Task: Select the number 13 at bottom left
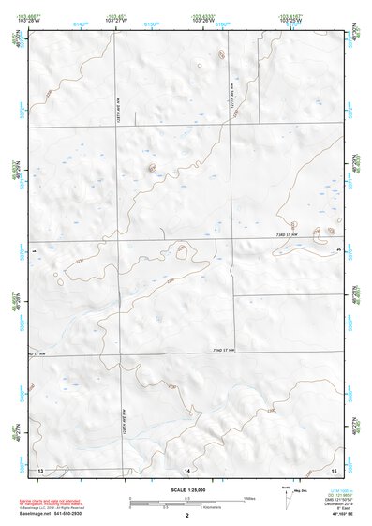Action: pyautogui.click(x=40, y=468)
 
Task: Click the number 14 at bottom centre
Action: pyautogui.click(x=187, y=468)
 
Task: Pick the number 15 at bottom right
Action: pyautogui.click(x=334, y=468)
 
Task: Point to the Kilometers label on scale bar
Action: pyautogui.click(x=217, y=507)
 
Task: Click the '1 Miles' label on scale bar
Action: pyautogui.click(x=247, y=497)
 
